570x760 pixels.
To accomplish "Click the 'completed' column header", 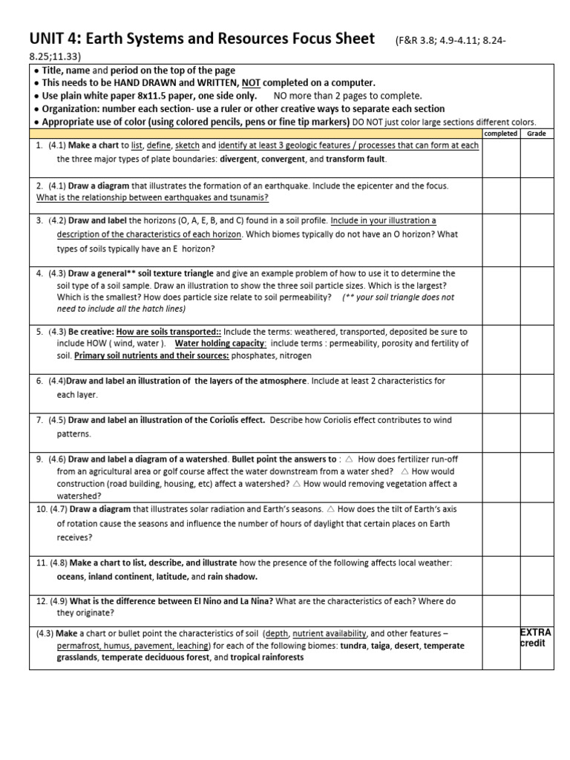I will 499,134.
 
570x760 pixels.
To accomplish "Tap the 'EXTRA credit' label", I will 535,638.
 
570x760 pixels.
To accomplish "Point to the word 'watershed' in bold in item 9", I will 203,459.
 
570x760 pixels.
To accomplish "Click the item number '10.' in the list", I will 42,509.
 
